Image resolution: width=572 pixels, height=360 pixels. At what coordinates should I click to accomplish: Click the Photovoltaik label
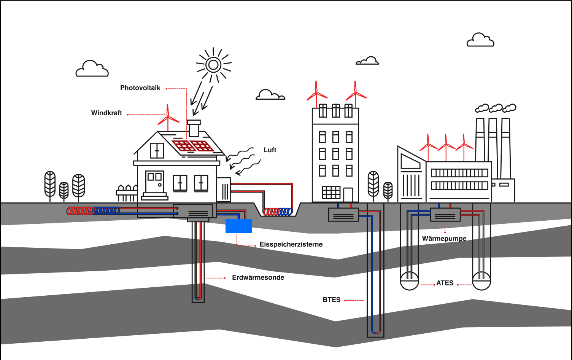(140, 88)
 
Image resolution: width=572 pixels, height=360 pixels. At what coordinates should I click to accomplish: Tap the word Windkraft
(106, 113)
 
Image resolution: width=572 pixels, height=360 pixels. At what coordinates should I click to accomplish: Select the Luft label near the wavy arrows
(270, 150)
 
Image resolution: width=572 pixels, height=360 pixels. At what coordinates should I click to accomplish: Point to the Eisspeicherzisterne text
(291, 244)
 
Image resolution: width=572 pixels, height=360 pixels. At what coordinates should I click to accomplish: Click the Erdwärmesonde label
(258, 277)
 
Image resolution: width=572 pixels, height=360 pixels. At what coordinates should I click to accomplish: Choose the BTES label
(332, 300)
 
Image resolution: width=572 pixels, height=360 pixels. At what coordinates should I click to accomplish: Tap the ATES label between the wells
(445, 283)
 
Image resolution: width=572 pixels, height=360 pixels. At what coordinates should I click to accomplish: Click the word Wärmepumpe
(444, 239)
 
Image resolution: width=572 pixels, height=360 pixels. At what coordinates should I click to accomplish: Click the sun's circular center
(213, 65)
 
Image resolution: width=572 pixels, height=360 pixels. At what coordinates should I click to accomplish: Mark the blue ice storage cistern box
(238, 226)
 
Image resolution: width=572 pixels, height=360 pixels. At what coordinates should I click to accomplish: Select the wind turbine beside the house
(168, 118)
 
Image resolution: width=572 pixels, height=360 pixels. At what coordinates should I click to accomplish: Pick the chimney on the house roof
(194, 128)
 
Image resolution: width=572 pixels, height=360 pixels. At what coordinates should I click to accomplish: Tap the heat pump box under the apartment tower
(343, 214)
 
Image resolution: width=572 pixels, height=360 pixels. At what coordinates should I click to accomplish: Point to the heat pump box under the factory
(445, 215)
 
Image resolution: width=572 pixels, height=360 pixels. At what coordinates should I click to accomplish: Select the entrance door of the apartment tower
(348, 194)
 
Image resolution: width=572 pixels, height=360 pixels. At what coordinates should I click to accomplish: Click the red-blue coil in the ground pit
(278, 212)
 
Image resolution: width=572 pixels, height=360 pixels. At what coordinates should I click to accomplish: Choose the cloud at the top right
(480, 40)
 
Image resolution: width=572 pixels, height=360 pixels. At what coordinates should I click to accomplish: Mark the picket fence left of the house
(127, 193)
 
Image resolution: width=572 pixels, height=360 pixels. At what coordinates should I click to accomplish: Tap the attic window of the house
(157, 150)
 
